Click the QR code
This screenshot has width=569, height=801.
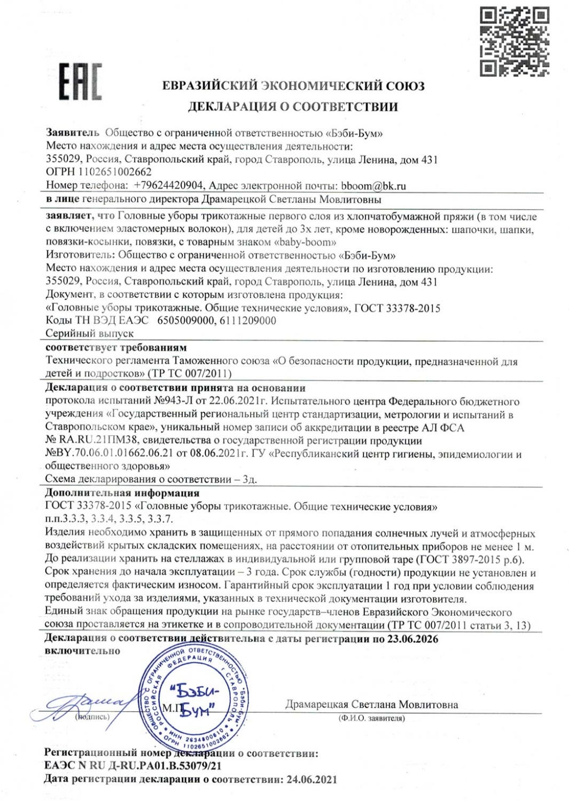514,41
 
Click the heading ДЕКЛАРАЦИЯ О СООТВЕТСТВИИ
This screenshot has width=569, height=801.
292,106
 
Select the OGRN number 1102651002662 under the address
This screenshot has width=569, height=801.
115,172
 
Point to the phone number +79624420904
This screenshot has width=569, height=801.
168,186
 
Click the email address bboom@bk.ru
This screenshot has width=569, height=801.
373,186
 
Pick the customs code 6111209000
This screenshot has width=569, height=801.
248,320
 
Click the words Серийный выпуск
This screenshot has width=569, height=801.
89,333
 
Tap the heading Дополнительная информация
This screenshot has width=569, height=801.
122,493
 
